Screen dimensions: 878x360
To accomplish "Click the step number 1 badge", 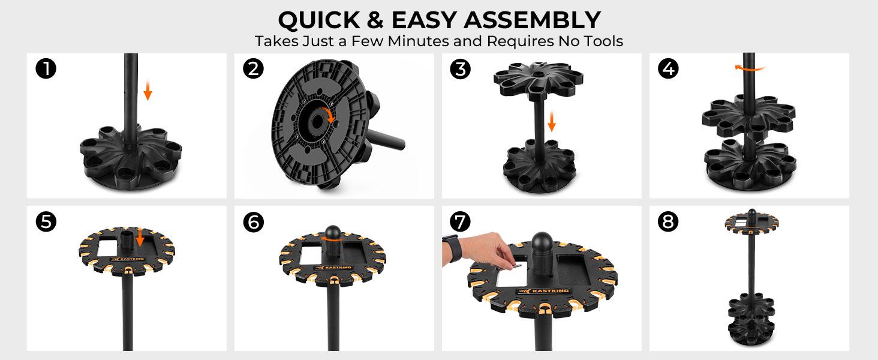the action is click(46, 68).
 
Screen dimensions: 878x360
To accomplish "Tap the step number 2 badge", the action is click(253, 68).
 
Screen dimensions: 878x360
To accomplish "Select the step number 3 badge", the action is click(461, 69).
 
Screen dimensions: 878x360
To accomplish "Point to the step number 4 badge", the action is click(668, 68).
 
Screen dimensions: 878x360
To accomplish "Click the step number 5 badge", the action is click(46, 221).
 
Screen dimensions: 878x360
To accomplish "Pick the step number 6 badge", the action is click(253, 222).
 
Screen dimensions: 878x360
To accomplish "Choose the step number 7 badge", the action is click(461, 222).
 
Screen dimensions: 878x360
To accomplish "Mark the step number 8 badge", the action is click(668, 221).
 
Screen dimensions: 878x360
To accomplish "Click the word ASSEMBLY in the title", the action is click(532, 20).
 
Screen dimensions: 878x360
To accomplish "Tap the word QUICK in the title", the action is click(319, 20).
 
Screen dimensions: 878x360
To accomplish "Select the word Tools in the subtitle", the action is click(603, 41).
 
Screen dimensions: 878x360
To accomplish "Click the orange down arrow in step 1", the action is click(148, 90).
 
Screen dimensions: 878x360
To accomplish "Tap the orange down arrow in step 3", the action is click(552, 122).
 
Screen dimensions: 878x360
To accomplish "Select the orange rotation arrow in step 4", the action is click(750, 68).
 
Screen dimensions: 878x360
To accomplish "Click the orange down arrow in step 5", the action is click(140, 237).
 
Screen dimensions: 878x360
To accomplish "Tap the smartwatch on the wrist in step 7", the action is click(454, 248).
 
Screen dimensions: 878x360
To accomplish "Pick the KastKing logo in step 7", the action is click(543, 290).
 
